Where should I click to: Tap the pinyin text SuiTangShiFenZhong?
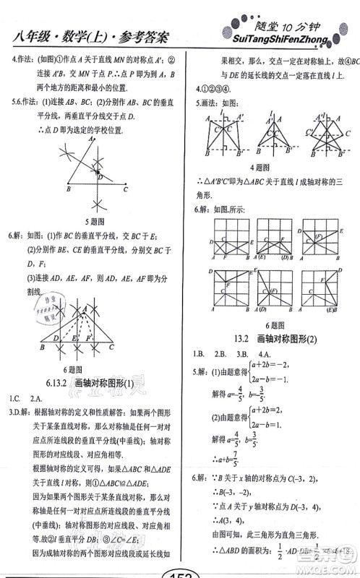click(283, 38)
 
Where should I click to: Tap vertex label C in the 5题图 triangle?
click(125, 189)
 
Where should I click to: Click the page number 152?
click(180, 572)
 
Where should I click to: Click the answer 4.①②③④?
click(211, 89)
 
